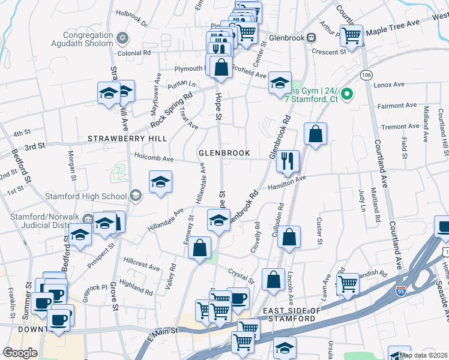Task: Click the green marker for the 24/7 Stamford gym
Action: pyautogui.click(x=346, y=94)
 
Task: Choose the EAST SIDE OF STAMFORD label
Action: pyautogui.click(x=289, y=314)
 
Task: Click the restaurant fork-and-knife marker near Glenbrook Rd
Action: pyautogui.click(x=289, y=160)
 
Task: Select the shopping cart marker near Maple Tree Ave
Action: pyautogui.click(x=351, y=35)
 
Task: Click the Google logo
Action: pyautogui.click(x=20, y=353)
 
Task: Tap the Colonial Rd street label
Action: pyautogui.click(x=134, y=52)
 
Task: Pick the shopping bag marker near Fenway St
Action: pyautogui.click(x=200, y=248)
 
